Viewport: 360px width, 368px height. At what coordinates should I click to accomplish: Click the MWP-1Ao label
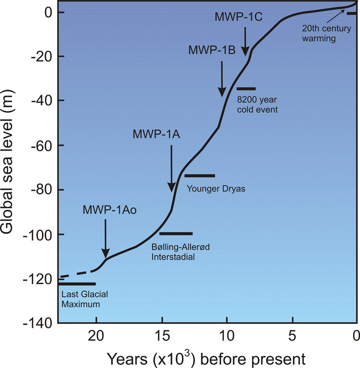106,210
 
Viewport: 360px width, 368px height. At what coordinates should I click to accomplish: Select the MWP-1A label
156,135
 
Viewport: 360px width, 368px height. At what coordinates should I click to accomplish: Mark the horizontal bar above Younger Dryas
200,176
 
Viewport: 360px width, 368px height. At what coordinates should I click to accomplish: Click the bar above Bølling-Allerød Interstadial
176,234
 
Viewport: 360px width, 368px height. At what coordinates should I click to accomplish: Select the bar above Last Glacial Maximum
76,284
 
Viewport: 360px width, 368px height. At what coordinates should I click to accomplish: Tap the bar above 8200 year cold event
246,88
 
